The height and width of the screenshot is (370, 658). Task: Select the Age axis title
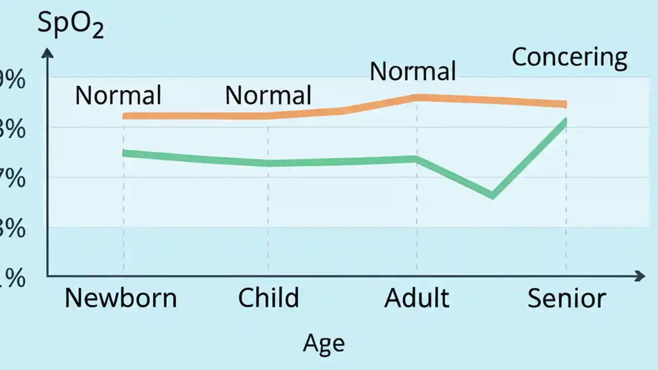point(324,343)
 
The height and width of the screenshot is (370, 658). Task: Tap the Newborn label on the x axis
point(121,298)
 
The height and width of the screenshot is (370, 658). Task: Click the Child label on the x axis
point(268,298)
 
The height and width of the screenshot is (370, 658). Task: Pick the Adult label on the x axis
point(416,298)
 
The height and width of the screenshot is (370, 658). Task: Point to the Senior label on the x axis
point(566,298)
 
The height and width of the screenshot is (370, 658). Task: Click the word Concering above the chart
point(570,58)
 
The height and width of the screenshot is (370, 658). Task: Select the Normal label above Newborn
point(118,96)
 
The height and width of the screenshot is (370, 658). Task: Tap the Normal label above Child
point(268,96)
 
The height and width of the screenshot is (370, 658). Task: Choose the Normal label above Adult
point(413,71)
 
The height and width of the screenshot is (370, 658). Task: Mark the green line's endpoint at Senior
point(565,122)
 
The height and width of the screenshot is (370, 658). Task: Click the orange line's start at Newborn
point(124,116)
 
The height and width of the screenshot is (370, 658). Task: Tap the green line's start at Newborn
point(124,153)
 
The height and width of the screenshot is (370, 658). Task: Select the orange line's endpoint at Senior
point(565,104)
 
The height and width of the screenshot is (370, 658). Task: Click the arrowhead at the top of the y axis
point(47,52)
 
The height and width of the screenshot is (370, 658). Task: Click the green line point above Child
point(268,163)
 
